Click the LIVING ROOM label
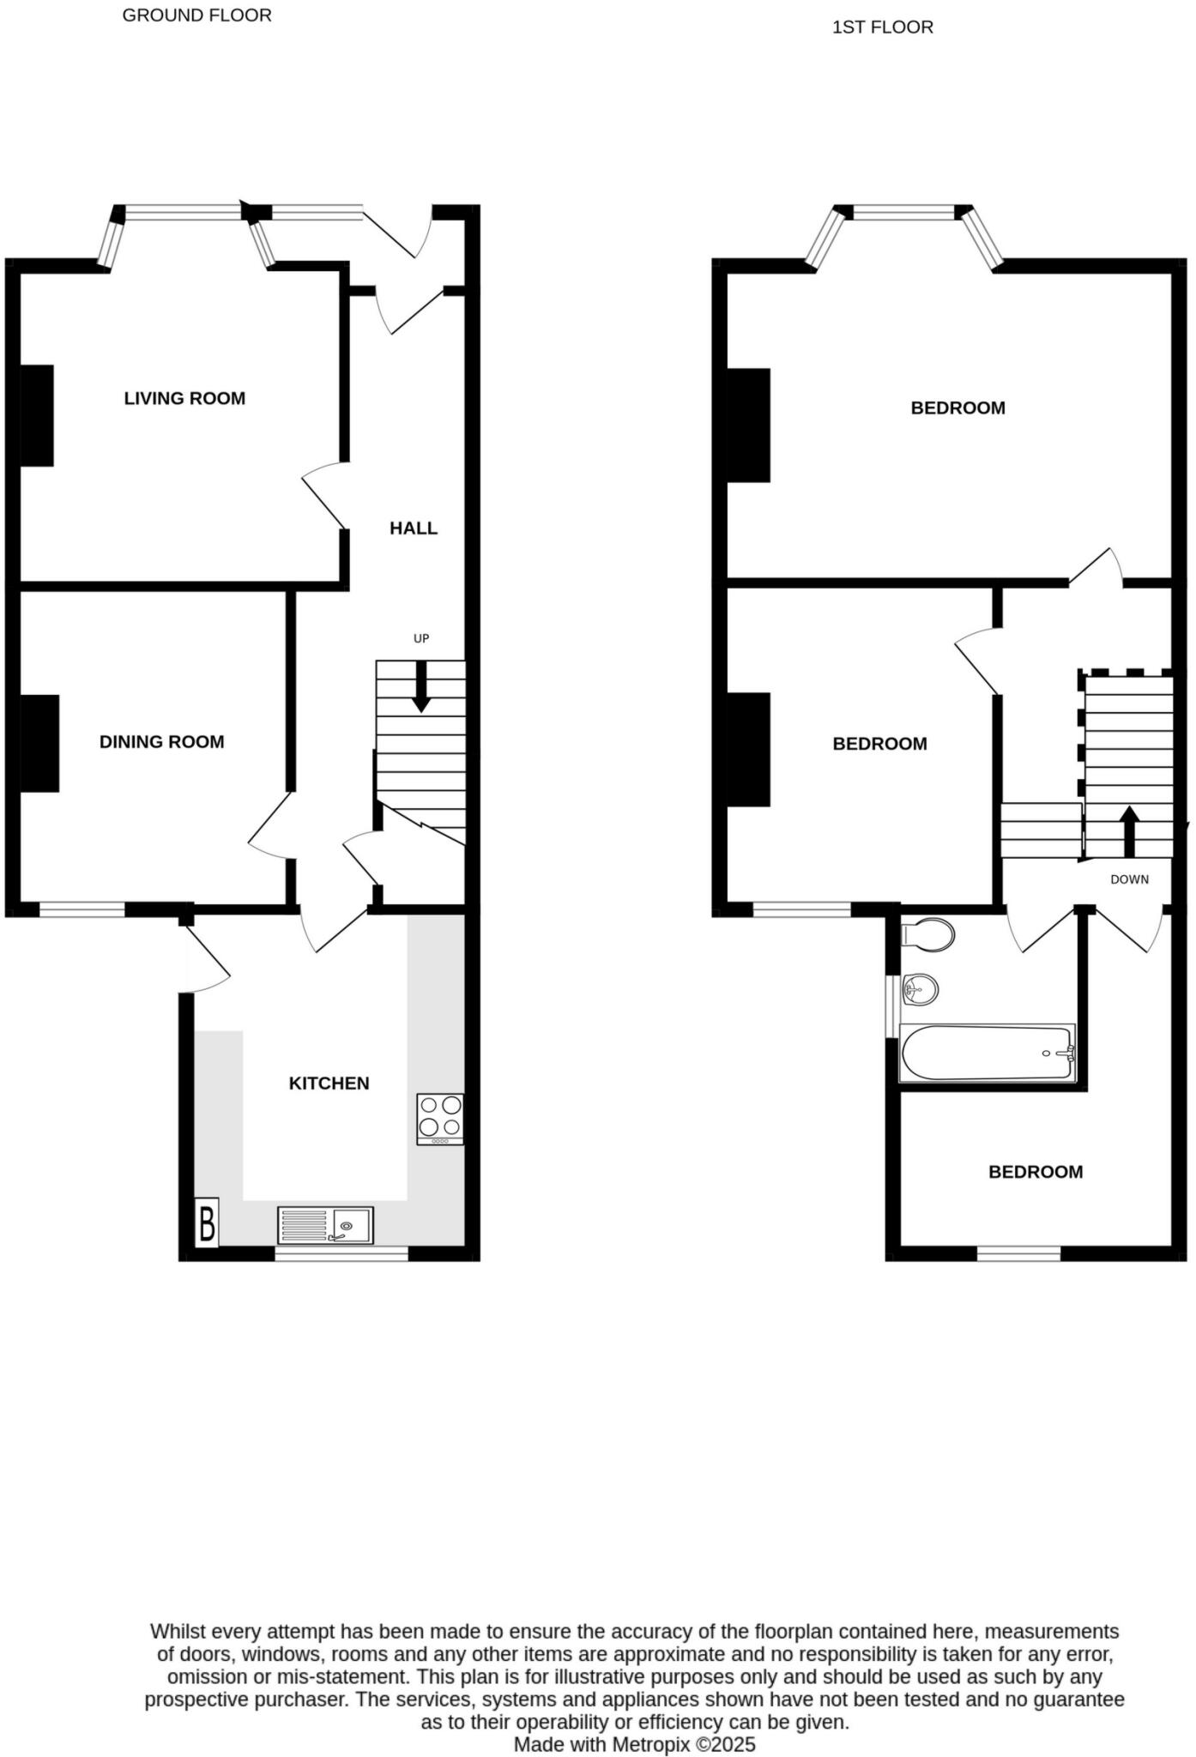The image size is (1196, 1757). (184, 398)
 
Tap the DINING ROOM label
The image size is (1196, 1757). (161, 742)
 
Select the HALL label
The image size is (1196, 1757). (414, 528)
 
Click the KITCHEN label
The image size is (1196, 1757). (329, 1084)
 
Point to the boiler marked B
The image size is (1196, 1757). (207, 1223)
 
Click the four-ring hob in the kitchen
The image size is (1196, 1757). (440, 1118)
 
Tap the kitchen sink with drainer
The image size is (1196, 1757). (325, 1225)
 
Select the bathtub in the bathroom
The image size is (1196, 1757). (987, 1054)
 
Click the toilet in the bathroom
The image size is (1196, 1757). (928, 935)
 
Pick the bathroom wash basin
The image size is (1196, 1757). (921, 991)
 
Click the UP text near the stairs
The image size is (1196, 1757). (421, 638)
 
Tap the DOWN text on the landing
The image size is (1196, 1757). (1129, 879)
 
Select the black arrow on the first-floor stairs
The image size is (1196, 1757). (1129, 830)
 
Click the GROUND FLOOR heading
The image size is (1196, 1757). (196, 15)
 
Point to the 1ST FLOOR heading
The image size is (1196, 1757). (882, 27)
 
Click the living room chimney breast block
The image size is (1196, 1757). (37, 416)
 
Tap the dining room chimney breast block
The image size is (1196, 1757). (39, 743)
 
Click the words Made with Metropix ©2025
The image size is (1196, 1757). (634, 1744)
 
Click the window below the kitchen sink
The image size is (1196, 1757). (341, 1253)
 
